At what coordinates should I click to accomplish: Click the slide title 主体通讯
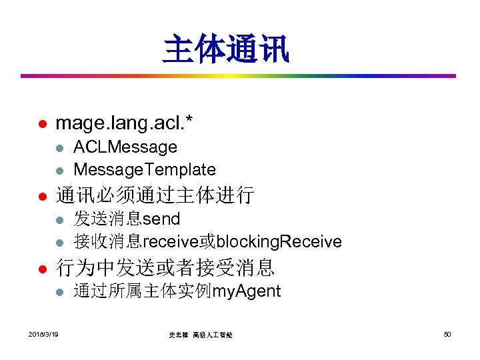click(226, 50)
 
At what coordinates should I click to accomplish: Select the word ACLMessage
click(125, 147)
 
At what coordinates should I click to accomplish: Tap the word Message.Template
click(145, 169)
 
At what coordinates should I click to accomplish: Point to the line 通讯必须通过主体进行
click(155, 195)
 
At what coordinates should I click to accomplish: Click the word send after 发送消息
click(161, 219)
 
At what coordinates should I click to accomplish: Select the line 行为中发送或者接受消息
click(165, 268)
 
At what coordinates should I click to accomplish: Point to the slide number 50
click(447, 333)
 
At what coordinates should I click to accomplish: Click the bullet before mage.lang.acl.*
click(40, 124)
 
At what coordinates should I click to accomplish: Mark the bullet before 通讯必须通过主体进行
click(40, 197)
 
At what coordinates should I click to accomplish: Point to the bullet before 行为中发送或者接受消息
click(40, 269)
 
